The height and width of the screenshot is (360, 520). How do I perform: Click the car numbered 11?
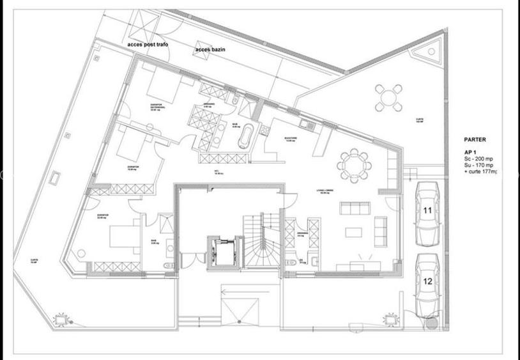click(427, 214)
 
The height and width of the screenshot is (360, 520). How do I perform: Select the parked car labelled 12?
click(427, 283)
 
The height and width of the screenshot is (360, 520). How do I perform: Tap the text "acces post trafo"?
click(148, 45)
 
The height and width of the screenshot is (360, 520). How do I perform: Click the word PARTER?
click(475, 139)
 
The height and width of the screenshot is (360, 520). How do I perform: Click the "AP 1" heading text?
click(471, 151)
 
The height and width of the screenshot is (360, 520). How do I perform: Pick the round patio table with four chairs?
click(388, 97)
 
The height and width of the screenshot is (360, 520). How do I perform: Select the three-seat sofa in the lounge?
click(355, 208)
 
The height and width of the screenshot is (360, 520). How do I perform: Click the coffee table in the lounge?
click(354, 231)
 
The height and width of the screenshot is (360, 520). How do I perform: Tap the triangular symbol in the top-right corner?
click(434, 48)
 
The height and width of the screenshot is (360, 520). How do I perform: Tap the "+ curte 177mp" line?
click(481, 171)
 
